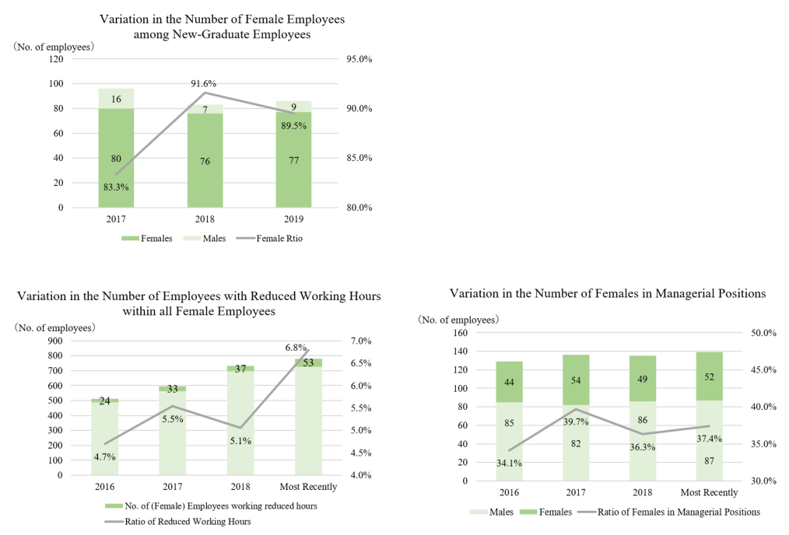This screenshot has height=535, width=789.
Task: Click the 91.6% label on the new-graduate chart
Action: click(203, 83)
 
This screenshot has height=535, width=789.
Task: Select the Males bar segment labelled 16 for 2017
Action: click(116, 99)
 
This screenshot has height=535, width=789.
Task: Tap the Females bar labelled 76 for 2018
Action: click(205, 160)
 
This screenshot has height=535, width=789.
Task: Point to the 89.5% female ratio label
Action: click(294, 126)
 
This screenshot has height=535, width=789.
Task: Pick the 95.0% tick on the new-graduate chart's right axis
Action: click(359, 59)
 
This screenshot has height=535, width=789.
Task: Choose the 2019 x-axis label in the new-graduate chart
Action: click(294, 219)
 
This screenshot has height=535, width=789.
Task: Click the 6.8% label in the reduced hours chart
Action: click(296, 348)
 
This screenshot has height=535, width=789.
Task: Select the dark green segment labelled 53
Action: click(308, 362)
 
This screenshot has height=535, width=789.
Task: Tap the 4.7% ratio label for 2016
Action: click(105, 456)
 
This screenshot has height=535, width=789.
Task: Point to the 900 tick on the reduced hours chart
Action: click(55, 341)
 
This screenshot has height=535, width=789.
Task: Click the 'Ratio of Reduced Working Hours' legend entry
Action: click(177, 522)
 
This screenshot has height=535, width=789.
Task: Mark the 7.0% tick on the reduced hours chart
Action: click(361, 341)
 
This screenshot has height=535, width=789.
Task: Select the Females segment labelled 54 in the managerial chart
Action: click(576, 380)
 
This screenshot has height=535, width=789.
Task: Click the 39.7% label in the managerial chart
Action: click(576, 422)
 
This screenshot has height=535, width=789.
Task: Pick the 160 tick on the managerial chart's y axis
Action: click(460, 332)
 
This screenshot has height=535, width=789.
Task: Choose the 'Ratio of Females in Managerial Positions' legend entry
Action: click(668, 512)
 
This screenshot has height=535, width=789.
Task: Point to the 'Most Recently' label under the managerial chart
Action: click(709, 492)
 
